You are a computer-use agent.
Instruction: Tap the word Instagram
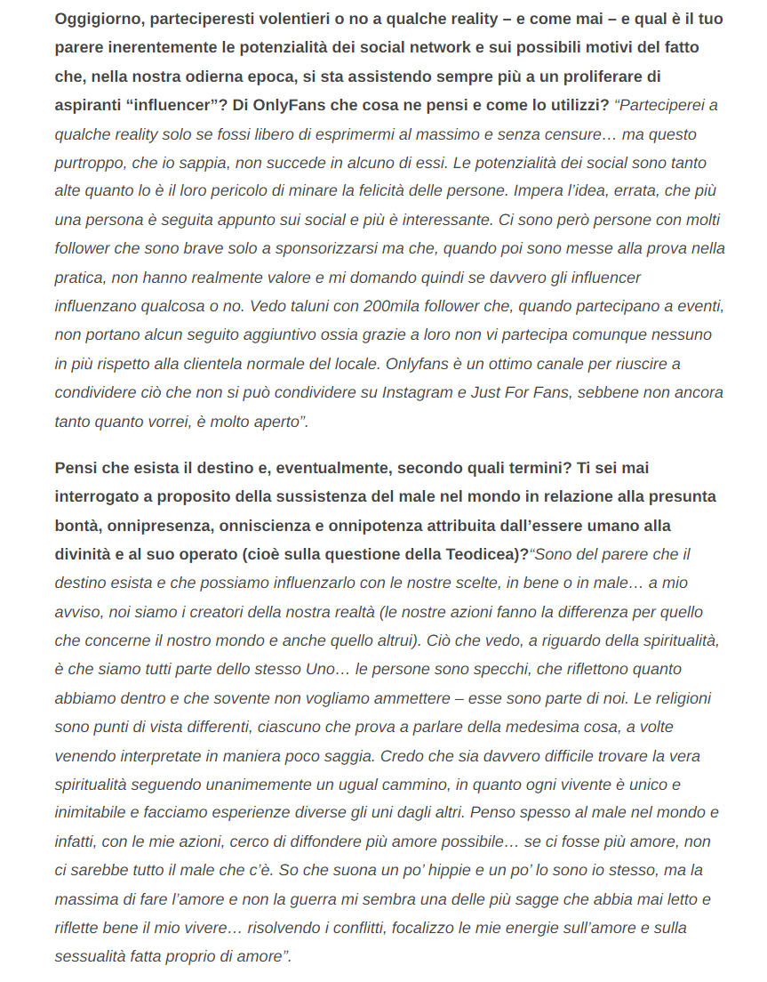417,391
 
